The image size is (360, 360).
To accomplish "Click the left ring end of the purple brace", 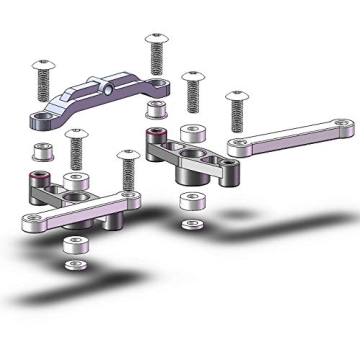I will click(43, 122).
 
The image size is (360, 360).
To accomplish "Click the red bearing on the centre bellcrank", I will click(153, 137).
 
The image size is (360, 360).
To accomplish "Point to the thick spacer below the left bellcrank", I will click(71, 245).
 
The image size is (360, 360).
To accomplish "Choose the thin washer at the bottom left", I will click(72, 265).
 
